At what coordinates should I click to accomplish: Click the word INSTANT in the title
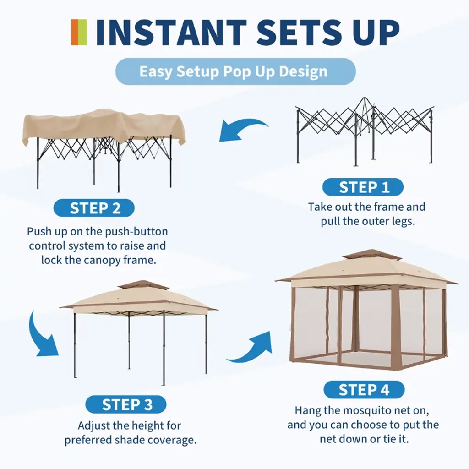pos(171,33)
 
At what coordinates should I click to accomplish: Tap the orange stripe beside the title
pos(75,33)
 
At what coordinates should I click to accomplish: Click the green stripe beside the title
pos(82,33)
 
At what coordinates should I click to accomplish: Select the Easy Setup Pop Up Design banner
pos(235,71)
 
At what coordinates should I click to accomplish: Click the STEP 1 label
pos(363,187)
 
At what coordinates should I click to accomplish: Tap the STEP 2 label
pos(94,208)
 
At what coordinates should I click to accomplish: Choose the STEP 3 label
pos(126,405)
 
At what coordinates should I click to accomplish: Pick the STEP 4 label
pos(364,390)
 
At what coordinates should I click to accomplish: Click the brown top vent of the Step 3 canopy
pos(143,285)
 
